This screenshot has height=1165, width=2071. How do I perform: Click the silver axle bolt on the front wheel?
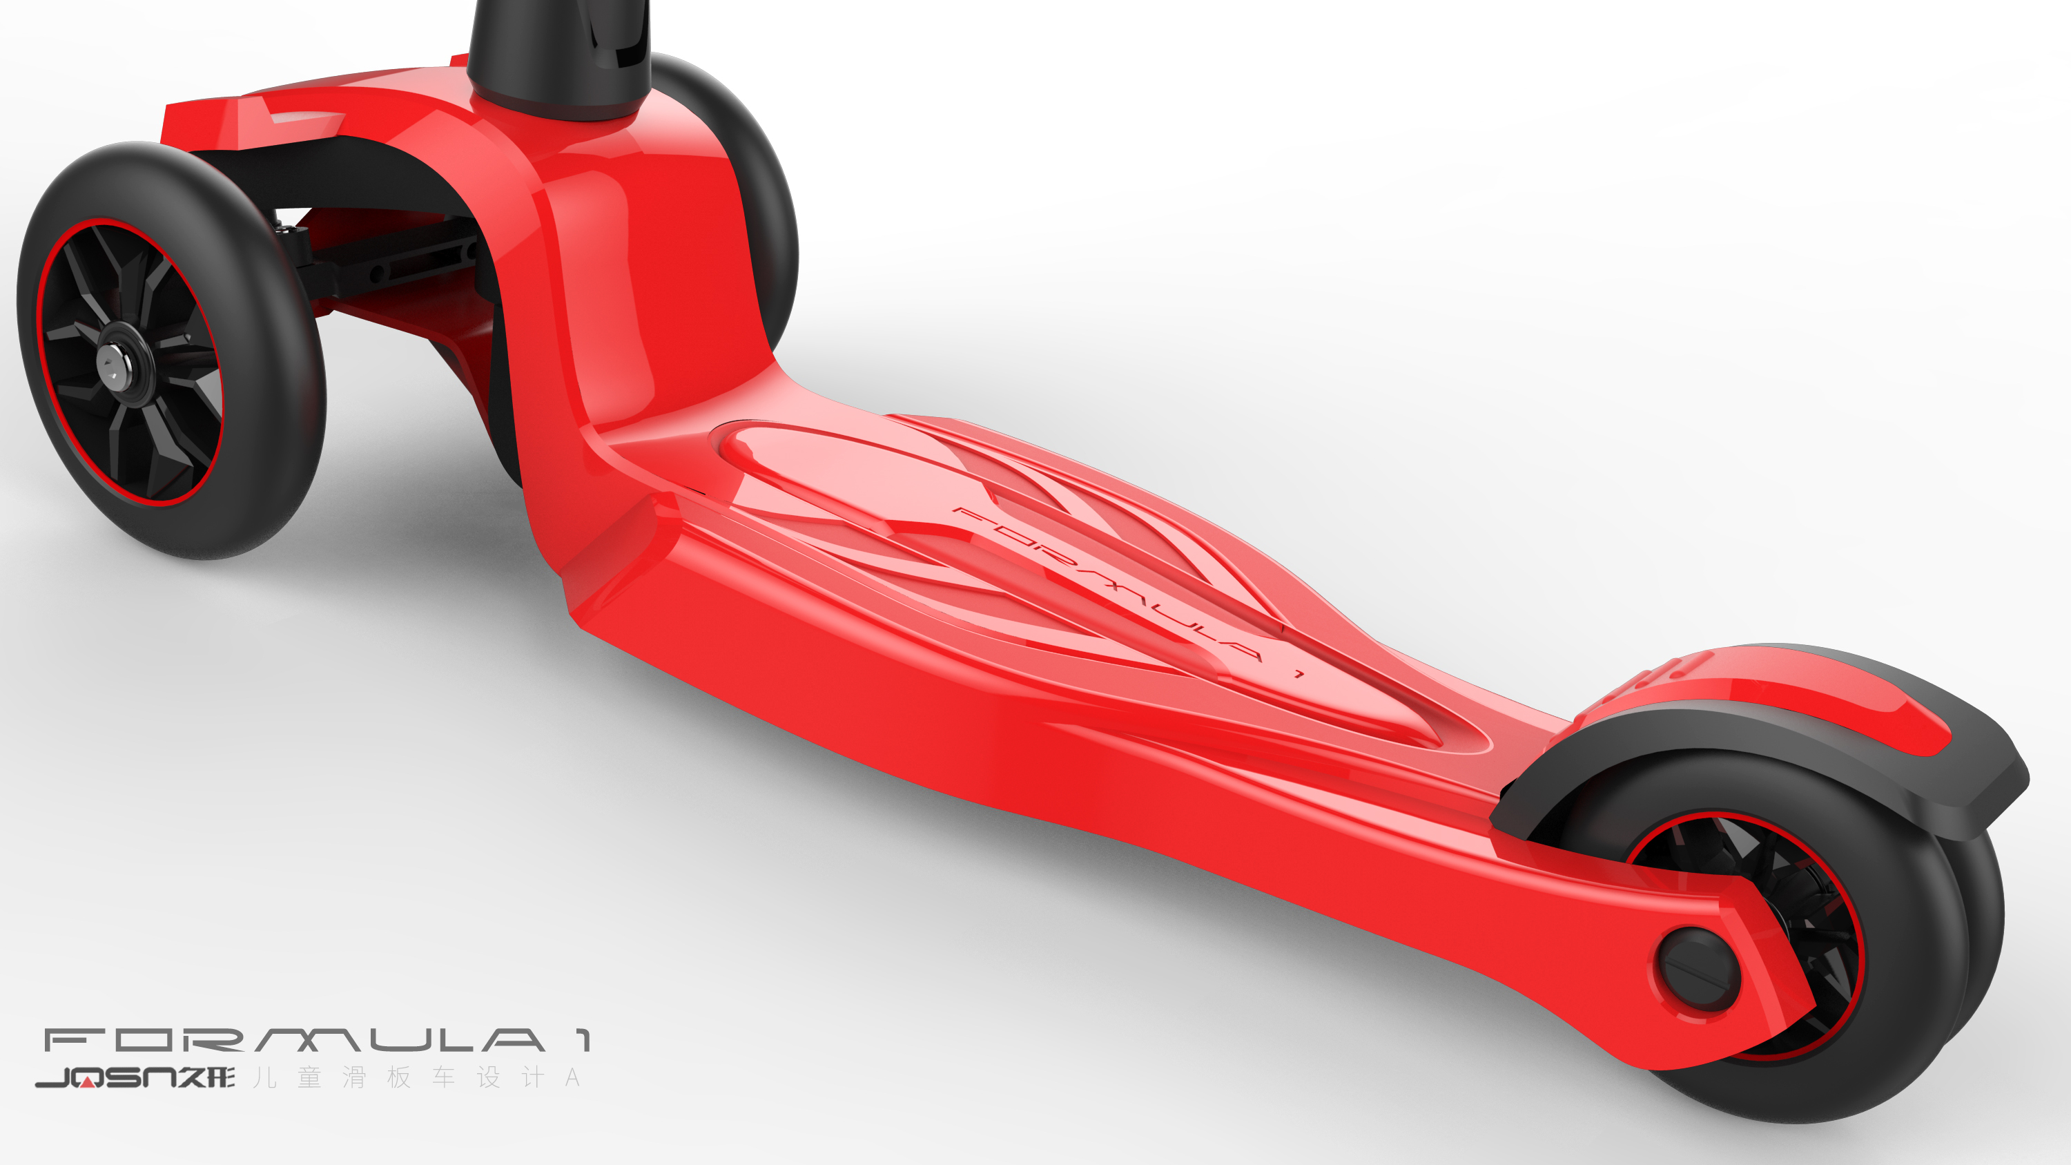pos(110,364)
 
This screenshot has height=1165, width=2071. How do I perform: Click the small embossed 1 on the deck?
pos(1298,674)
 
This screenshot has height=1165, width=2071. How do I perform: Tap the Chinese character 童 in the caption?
pos(309,1077)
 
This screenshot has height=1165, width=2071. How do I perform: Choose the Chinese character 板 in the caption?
pos(400,1077)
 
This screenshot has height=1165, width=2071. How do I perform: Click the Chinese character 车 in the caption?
pos(444,1077)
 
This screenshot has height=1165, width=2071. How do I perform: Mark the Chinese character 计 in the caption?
pos(532,1077)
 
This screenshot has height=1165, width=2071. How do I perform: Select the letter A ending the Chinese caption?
pos(572,1077)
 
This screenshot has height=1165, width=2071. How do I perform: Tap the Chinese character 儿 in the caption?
pos(265,1077)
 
